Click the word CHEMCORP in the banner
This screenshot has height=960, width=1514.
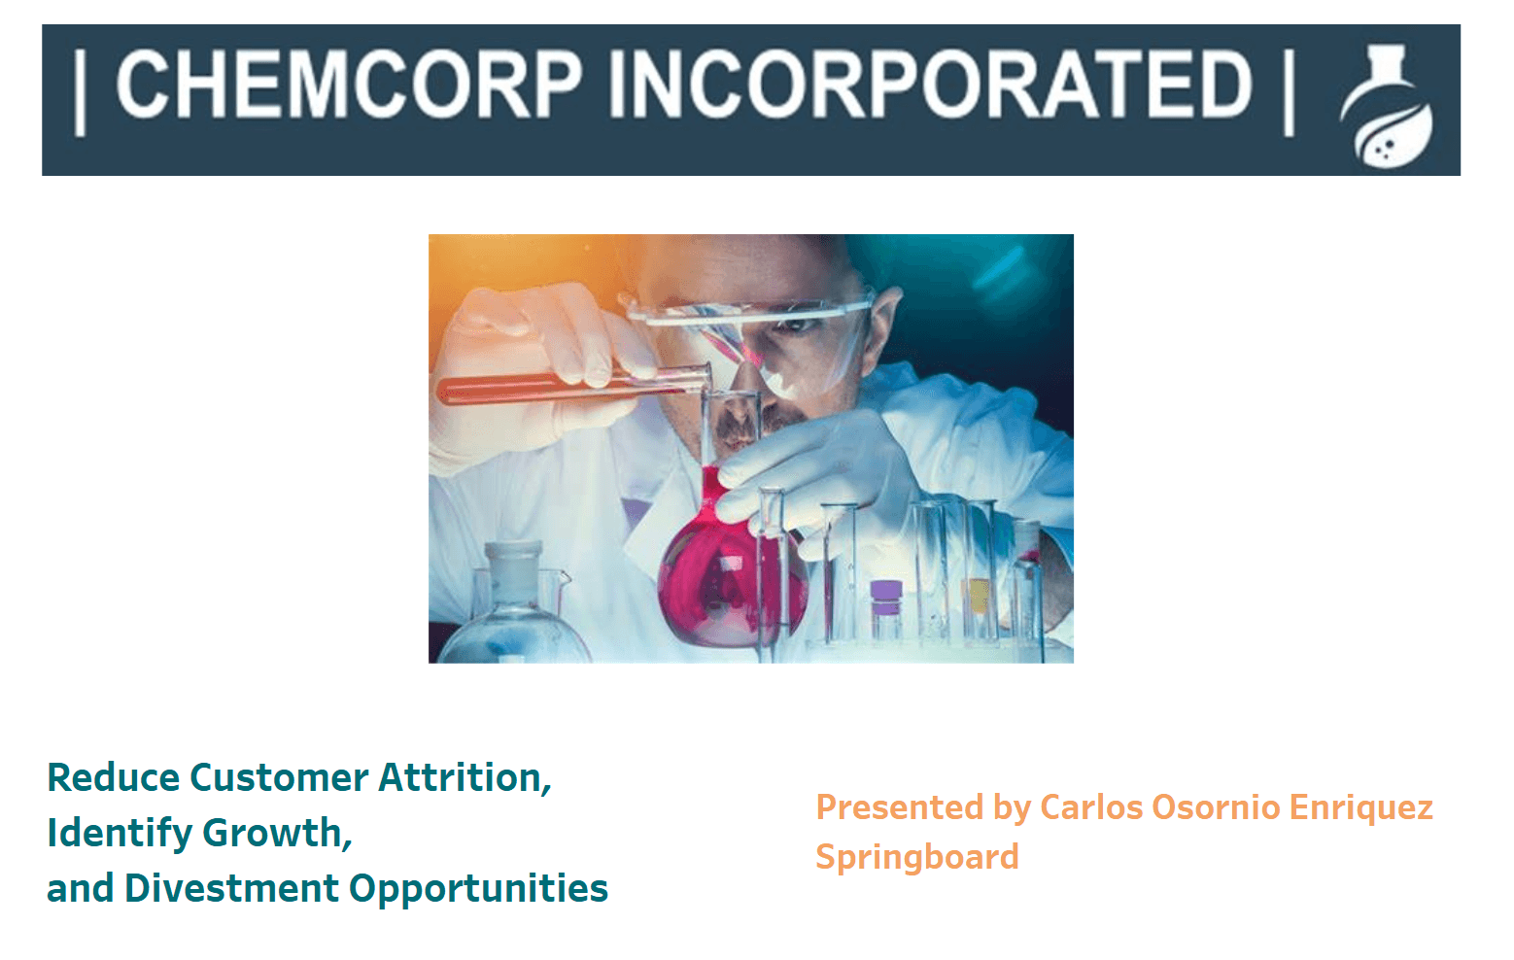click(x=349, y=85)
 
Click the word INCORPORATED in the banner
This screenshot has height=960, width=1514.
click(x=931, y=85)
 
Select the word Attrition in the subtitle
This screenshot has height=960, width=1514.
click(x=465, y=777)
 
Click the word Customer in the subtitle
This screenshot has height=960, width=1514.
click(x=279, y=777)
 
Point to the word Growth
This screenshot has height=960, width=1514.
click(x=277, y=833)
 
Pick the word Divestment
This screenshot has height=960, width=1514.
click(x=231, y=888)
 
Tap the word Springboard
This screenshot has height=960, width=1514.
click(x=917, y=858)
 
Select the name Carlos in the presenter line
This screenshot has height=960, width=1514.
click(x=1091, y=807)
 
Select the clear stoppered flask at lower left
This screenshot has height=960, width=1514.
click(x=515, y=605)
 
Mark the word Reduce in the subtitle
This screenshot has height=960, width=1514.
click(x=114, y=777)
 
